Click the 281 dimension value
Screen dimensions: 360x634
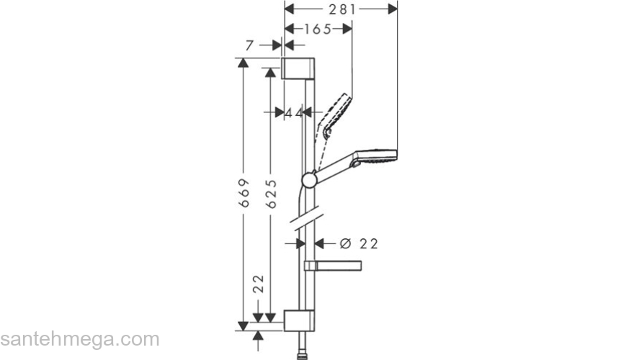click(x=341, y=9)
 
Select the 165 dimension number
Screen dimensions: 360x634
click(x=317, y=29)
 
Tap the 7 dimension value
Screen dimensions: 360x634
click(x=250, y=45)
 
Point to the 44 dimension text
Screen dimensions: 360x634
click(x=293, y=112)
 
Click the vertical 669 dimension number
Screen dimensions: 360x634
click(x=244, y=194)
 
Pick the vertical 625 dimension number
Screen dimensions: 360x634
click(x=272, y=194)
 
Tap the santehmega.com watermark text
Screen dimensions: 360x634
click(x=79, y=339)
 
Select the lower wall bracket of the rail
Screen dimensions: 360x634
click(x=298, y=320)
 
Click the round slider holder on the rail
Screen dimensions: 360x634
click(x=308, y=180)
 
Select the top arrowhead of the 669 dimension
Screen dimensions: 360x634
click(x=244, y=63)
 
